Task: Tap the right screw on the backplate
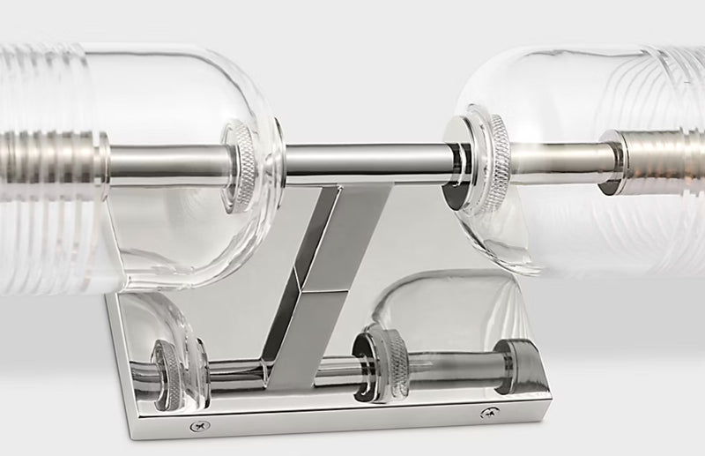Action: point(486,413)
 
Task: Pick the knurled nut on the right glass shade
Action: point(482,163)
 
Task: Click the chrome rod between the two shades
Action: point(370,160)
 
